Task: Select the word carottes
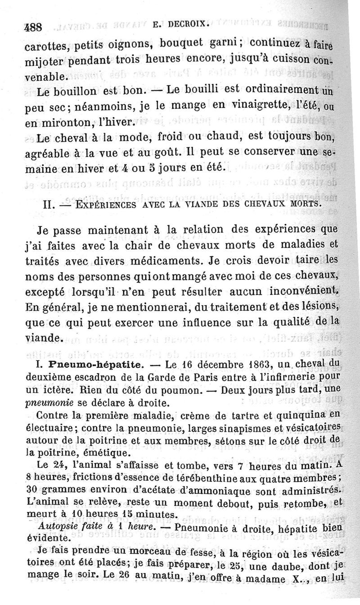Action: click(44, 46)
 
